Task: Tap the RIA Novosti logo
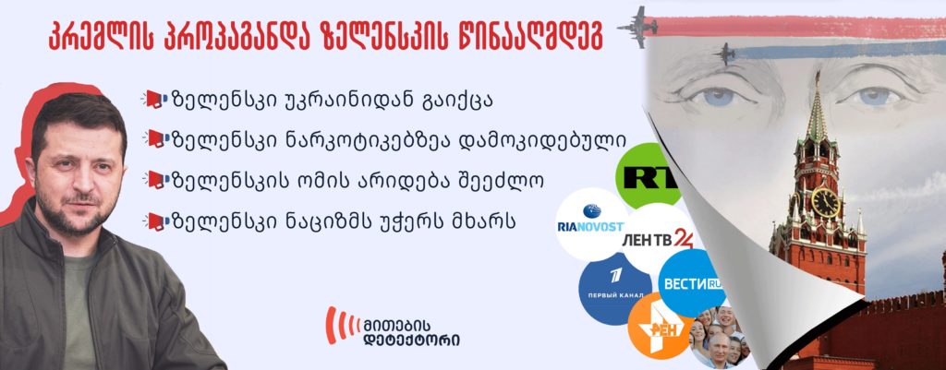click(590, 224)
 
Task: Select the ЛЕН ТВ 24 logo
click(658, 239)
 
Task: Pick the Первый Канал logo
click(615, 289)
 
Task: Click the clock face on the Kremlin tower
click(825, 202)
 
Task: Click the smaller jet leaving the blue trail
click(724, 54)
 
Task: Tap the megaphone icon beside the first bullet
click(153, 100)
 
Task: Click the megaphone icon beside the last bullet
click(153, 221)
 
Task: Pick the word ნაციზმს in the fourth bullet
click(315, 221)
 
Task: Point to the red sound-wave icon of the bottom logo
click(342, 326)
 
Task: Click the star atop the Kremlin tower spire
click(819, 76)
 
